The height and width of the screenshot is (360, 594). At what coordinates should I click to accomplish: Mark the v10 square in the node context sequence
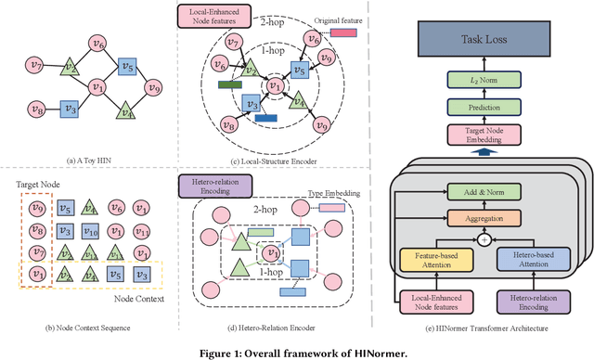tap(90, 231)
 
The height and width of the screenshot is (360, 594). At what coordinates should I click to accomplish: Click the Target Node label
tap(32, 186)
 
